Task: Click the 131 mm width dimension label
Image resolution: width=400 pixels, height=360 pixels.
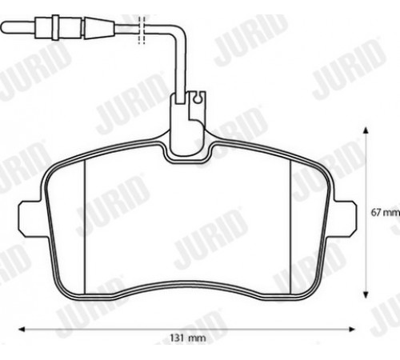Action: click(188, 338)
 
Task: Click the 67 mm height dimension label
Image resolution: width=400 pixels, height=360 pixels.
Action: click(386, 213)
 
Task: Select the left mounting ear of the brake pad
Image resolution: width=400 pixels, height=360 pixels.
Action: click(30, 218)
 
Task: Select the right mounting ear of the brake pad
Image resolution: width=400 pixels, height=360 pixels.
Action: click(344, 218)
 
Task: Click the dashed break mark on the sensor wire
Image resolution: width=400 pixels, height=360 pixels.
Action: click(142, 30)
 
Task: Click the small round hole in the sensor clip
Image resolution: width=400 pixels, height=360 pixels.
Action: click(198, 98)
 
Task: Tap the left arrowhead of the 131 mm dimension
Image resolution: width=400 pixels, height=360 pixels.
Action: click(22, 330)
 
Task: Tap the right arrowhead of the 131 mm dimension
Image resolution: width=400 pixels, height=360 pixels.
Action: click(352, 330)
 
